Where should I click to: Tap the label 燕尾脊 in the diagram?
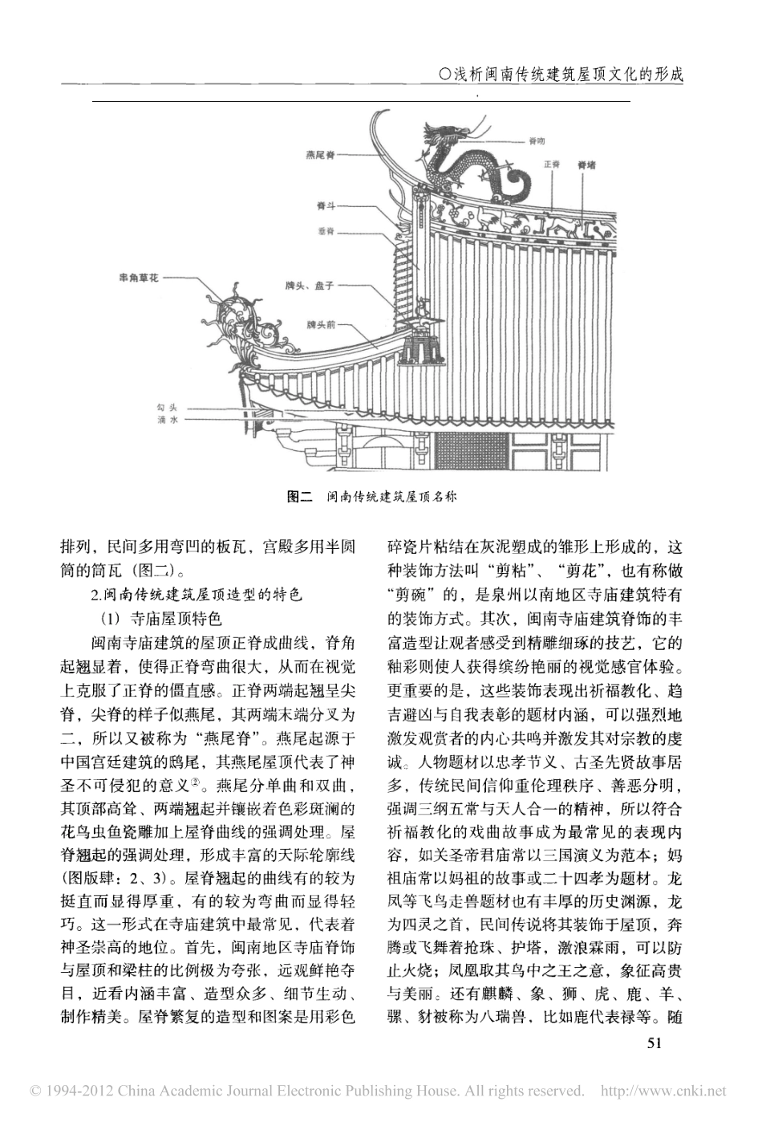click(320, 154)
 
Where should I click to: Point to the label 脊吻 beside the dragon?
click(536, 141)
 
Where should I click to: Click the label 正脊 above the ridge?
click(551, 164)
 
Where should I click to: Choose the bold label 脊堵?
click(586, 164)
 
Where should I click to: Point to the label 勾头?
click(167, 409)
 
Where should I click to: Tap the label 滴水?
click(167, 420)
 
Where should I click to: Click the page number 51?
click(655, 1043)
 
